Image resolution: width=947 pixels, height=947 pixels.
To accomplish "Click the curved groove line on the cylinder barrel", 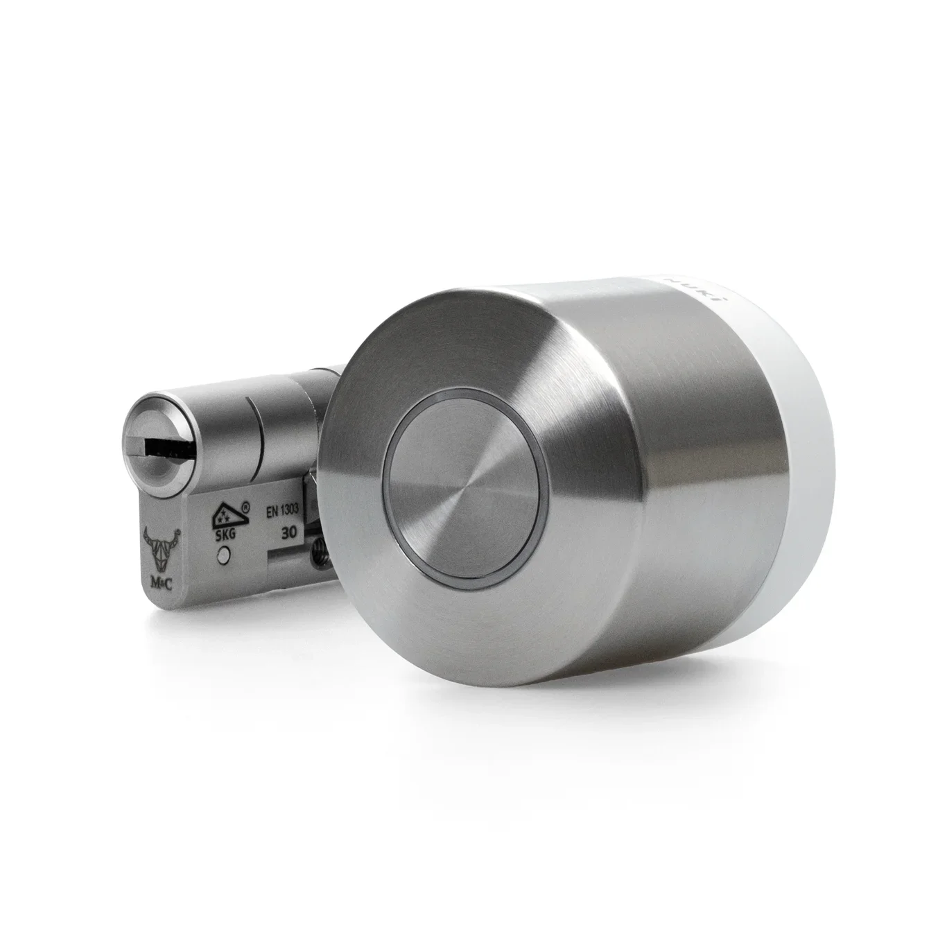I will pos(256,440).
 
